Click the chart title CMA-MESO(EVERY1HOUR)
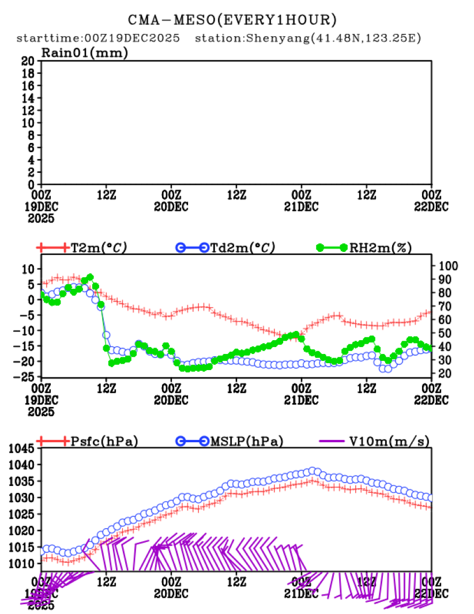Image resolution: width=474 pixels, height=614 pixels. (x=233, y=20)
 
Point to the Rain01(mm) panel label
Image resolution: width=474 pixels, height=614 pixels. (x=84, y=53)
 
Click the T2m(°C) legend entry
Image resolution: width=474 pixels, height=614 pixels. (x=98, y=248)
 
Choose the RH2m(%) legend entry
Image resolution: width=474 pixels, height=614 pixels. (x=381, y=248)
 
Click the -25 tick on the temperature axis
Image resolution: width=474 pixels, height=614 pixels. (x=27, y=376)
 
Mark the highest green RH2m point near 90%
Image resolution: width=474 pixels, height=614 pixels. (x=89, y=277)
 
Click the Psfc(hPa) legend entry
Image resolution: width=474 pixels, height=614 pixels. (x=104, y=442)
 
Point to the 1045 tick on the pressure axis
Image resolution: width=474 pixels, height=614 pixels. (x=24, y=448)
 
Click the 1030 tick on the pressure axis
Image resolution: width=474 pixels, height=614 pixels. (x=24, y=497)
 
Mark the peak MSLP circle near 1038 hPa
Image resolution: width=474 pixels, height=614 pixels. (x=313, y=471)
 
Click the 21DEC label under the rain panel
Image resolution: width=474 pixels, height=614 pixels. (x=301, y=206)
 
